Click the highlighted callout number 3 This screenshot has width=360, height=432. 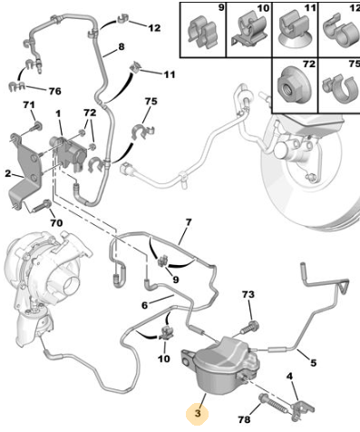(x=198, y=413)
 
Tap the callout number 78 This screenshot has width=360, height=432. (x=244, y=419)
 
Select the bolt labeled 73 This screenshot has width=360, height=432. (x=249, y=328)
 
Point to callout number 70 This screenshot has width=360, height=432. (x=56, y=223)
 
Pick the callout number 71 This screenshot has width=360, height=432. (x=29, y=105)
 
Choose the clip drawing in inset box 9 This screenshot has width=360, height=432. (x=202, y=31)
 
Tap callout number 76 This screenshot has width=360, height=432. (x=54, y=91)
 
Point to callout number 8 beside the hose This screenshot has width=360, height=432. (x=122, y=47)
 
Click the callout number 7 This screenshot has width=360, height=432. (x=189, y=223)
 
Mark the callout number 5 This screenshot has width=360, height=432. (x=314, y=362)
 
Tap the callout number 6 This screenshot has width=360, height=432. (x=145, y=306)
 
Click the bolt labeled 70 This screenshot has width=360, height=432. (x=42, y=206)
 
